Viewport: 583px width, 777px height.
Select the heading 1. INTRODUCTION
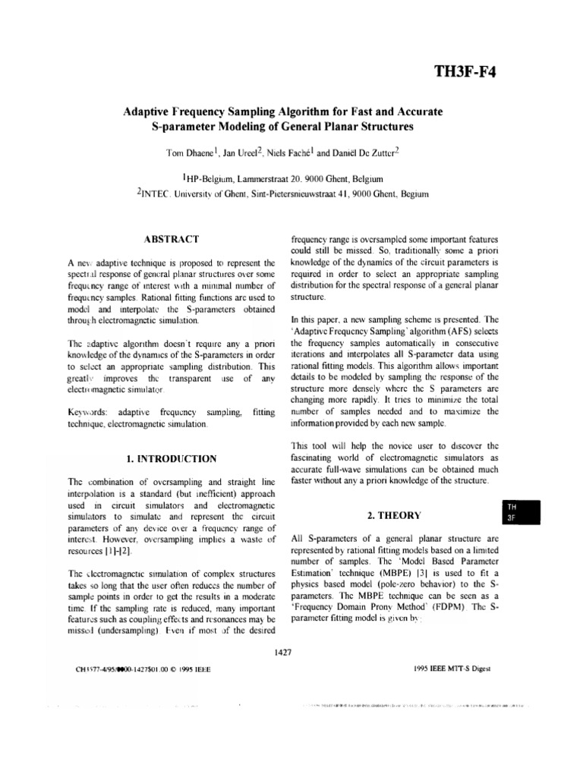pos(171,458)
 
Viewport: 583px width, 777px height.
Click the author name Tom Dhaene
pos(193,153)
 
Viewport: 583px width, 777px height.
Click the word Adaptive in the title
pos(151,112)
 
